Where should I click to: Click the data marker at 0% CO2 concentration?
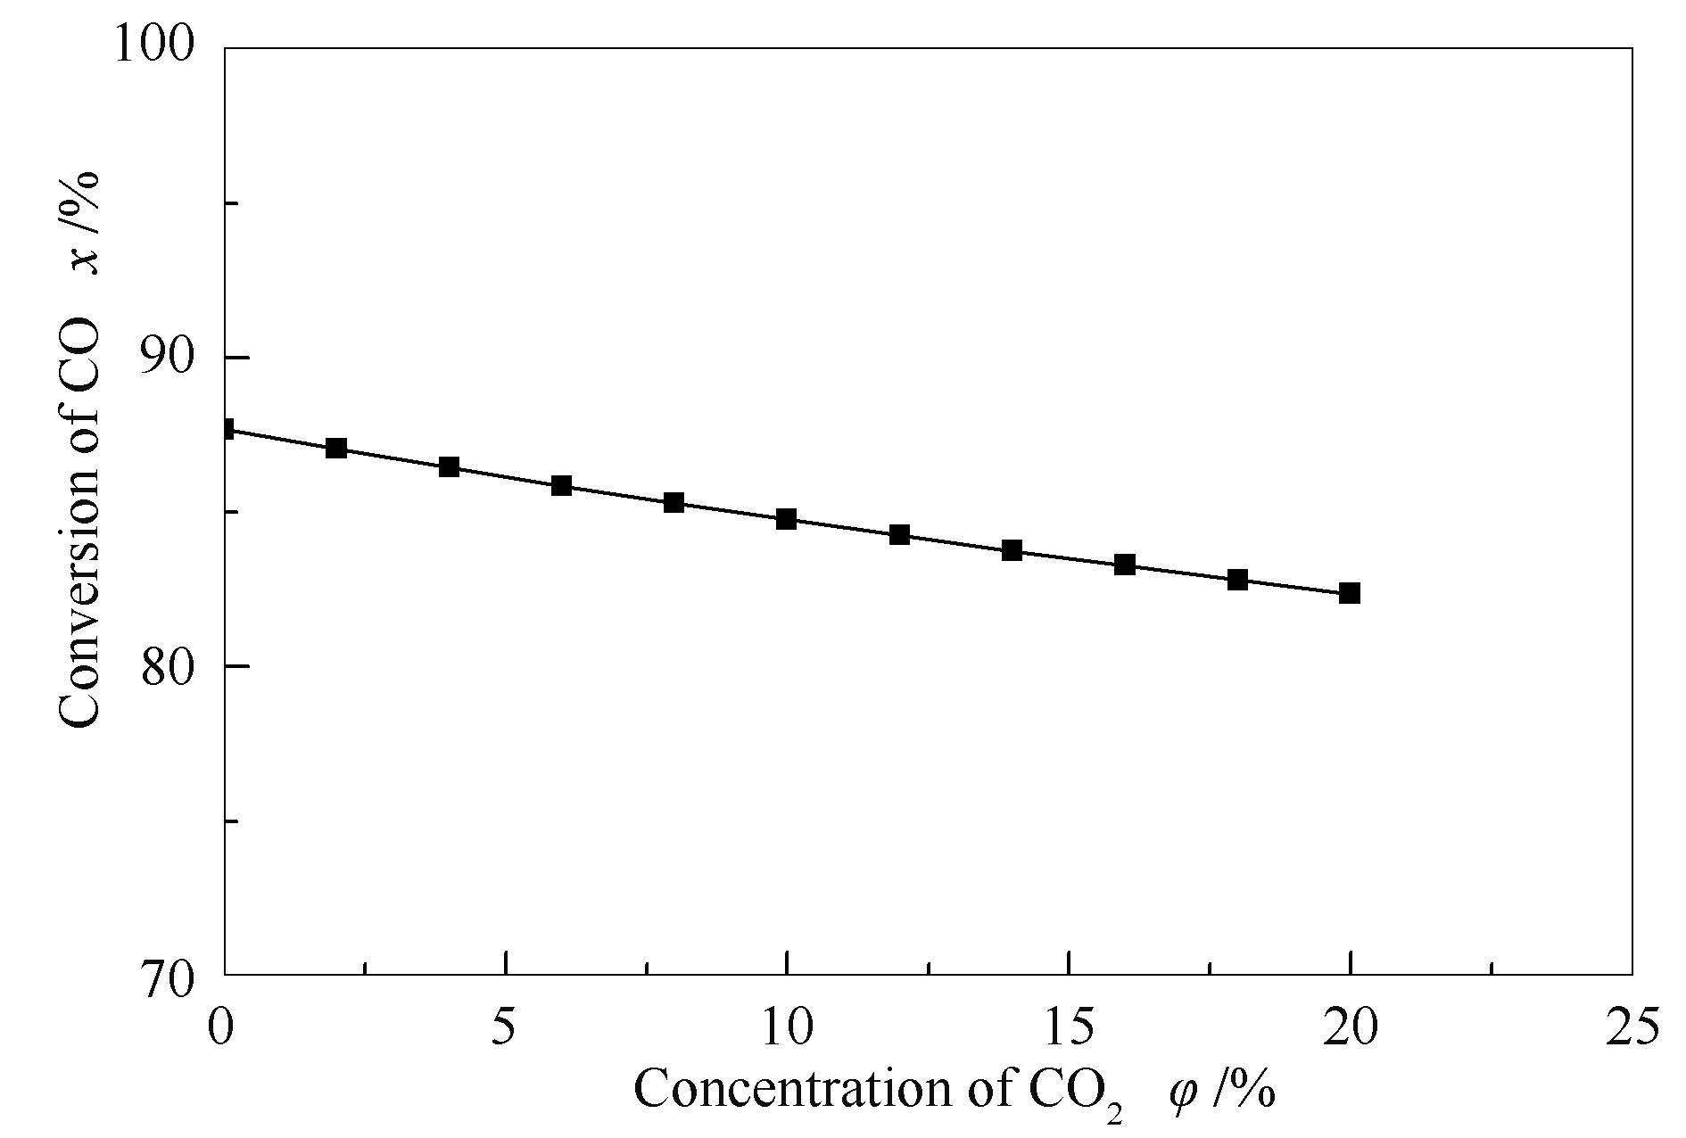(x=227, y=430)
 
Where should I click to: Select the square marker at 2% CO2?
(x=336, y=448)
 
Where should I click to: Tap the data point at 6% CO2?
(x=561, y=486)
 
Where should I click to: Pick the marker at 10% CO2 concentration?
(x=786, y=519)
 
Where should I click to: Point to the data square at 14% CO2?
(x=1012, y=550)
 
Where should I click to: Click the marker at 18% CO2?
(x=1237, y=580)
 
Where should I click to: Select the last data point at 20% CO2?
(x=1350, y=593)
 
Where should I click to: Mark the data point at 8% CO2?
(x=674, y=503)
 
